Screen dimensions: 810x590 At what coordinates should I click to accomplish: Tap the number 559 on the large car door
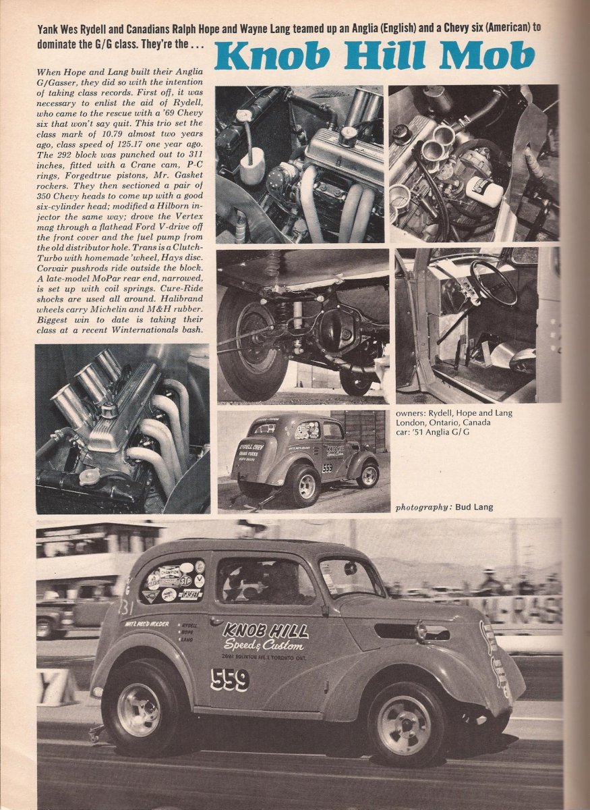point(229,679)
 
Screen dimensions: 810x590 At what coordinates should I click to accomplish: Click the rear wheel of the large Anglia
point(138,709)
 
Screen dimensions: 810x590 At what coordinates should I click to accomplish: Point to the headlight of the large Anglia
point(423,632)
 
